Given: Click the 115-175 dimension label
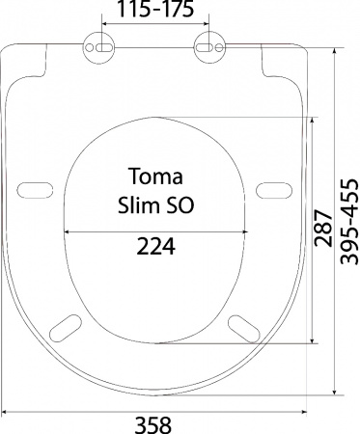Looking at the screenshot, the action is point(155,9).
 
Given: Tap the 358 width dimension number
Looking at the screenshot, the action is point(152,425).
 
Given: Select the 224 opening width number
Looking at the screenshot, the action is point(156,246).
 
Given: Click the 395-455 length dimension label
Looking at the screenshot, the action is point(349,222).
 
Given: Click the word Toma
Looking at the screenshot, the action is point(155,176).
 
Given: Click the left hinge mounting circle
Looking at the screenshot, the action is point(98,47).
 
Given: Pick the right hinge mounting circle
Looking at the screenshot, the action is point(209,47).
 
